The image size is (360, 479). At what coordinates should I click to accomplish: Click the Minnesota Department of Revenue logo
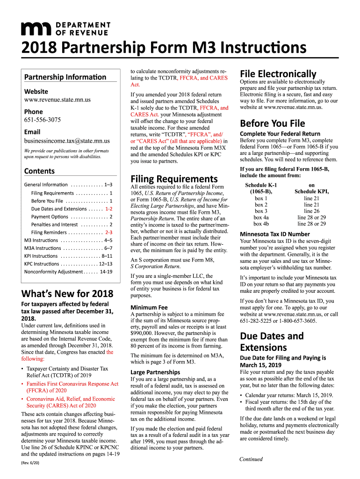point(65,29)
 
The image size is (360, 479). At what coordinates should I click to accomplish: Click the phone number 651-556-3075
point(43,120)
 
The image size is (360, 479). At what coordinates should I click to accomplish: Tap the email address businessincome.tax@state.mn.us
point(67,140)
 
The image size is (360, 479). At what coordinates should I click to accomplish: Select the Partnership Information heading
point(65,77)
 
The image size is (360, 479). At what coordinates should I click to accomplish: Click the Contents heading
point(39,171)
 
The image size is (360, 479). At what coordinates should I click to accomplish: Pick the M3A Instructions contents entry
point(68,248)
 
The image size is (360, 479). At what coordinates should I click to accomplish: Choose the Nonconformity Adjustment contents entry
point(68,271)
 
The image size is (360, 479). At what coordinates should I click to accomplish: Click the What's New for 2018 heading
point(67,294)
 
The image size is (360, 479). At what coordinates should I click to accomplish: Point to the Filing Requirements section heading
point(174,179)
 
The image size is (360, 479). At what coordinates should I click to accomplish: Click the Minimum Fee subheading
point(149,307)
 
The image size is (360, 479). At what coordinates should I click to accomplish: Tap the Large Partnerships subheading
point(156,372)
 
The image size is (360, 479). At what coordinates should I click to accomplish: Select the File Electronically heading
point(278,73)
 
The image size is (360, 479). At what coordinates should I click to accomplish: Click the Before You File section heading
point(272,123)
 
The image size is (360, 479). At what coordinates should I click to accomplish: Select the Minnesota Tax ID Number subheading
point(274,234)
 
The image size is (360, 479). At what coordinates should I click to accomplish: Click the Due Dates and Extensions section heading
point(271,341)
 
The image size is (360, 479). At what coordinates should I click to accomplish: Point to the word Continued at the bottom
point(251,459)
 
